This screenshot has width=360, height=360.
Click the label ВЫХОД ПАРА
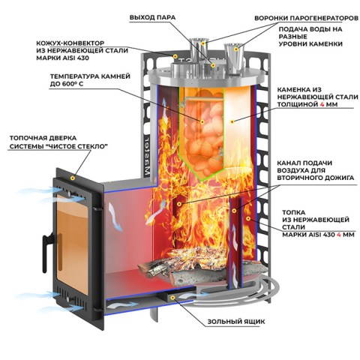[x=152, y=17]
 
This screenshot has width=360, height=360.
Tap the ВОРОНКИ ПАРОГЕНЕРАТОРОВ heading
[x=306, y=18]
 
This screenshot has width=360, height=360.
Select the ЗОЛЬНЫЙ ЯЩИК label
[x=236, y=322]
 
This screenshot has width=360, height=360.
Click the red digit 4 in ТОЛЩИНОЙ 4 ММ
[x=322, y=104]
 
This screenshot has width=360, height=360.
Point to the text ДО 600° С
[x=67, y=84]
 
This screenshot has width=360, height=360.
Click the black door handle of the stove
[x=46, y=250]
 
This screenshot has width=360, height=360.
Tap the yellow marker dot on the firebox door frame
[x=73, y=178]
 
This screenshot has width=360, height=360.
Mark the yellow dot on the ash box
[x=172, y=298]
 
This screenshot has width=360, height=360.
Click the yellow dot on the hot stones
[x=202, y=121]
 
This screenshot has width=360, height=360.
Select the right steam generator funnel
[x=234, y=58]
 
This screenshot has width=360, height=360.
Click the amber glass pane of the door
[x=72, y=244]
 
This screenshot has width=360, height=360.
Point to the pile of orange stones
[x=204, y=133]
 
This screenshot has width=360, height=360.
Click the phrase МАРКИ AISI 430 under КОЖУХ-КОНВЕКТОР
[x=62, y=58]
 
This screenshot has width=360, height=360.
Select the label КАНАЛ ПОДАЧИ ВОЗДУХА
[x=304, y=166]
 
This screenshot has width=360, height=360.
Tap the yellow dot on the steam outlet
[x=213, y=65]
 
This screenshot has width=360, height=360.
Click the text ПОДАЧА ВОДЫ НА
[x=310, y=29]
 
